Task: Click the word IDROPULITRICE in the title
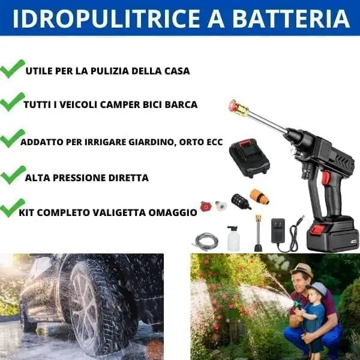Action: coord(107,19)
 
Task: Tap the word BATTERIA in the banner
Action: coord(291,19)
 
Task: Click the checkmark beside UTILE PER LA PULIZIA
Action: coord(13,68)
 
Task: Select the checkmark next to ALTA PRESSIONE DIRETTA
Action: coord(13,175)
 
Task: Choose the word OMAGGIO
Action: coord(173,212)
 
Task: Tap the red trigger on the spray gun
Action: coord(326,178)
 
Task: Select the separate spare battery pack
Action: coord(250,158)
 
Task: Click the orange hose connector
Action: coord(260,197)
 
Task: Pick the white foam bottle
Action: coord(233,238)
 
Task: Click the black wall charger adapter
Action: coord(278,230)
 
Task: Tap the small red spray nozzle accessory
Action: coord(205,206)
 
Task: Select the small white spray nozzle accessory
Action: coord(220,206)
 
